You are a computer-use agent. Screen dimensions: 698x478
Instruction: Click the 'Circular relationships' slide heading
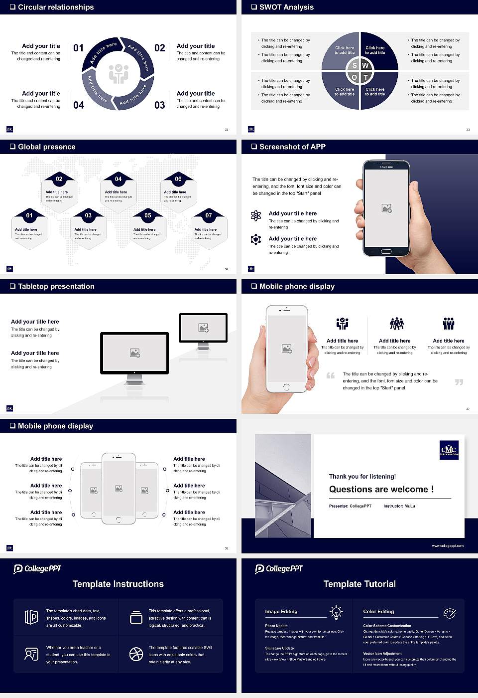click(56, 7)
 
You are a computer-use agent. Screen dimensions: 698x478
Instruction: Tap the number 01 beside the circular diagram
click(79, 48)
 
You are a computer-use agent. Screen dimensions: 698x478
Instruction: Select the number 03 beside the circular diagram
click(159, 105)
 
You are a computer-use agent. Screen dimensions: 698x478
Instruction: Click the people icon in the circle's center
click(119, 74)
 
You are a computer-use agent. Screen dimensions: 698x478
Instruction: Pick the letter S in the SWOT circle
click(355, 66)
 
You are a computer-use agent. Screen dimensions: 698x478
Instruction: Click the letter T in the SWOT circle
click(365, 77)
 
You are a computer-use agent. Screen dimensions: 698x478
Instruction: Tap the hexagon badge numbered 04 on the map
click(118, 179)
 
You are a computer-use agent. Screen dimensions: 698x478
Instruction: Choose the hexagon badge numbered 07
click(209, 215)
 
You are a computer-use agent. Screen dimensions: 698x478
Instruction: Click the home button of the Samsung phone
click(386, 252)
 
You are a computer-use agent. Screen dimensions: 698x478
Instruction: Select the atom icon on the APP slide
click(256, 215)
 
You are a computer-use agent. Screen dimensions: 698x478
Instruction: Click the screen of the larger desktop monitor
click(134, 352)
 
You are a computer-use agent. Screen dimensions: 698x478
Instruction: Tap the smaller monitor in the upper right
click(203, 328)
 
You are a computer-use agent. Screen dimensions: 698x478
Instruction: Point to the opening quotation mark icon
click(331, 375)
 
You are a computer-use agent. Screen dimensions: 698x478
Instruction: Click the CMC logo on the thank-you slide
click(449, 450)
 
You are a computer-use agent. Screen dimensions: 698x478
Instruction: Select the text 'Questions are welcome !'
click(381, 490)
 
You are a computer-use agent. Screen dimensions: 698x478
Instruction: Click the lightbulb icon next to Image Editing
click(336, 612)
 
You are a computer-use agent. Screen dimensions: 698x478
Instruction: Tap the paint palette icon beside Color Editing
click(449, 613)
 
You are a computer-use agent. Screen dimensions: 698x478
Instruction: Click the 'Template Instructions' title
click(118, 584)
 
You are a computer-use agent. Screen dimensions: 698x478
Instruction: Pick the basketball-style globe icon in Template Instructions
click(136, 654)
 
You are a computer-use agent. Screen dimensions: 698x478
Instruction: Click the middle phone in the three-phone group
click(119, 489)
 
